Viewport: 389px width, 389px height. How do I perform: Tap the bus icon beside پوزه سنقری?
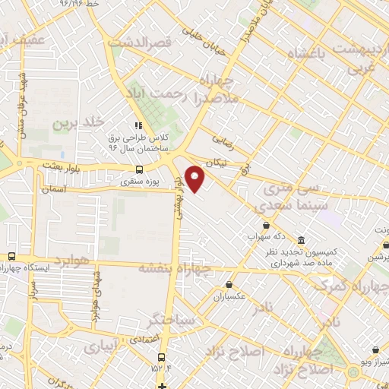[138, 170]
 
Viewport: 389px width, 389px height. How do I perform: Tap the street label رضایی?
[224, 139]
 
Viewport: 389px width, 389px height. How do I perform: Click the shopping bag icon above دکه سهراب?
[266, 225]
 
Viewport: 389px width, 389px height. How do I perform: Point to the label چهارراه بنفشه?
[174, 268]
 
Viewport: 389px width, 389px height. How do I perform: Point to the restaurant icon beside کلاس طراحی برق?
[138, 126]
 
